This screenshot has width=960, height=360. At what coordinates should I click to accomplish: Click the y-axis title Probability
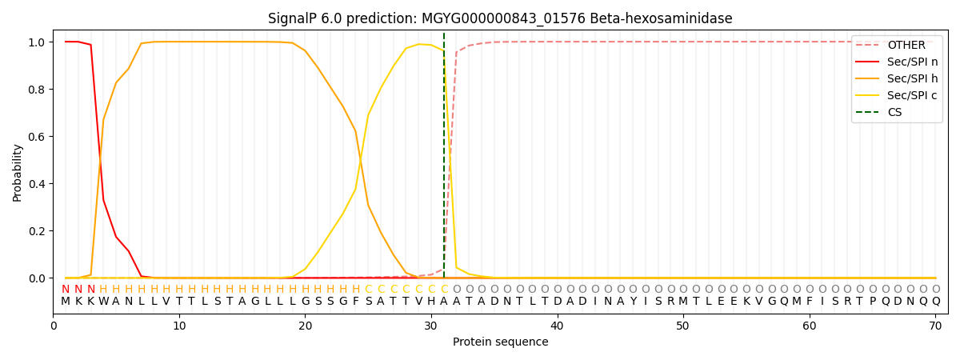click(x=17, y=173)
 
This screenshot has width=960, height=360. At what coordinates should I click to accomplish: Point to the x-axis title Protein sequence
click(x=501, y=342)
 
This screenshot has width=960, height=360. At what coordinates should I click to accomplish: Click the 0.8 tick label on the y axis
click(x=37, y=90)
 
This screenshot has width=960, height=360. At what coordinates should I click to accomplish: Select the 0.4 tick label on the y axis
click(x=37, y=184)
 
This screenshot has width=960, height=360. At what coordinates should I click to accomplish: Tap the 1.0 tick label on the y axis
click(x=37, y=42)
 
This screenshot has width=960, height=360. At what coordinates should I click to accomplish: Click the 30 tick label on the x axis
click(x=431, y=326)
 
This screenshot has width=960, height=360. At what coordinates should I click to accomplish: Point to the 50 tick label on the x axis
click(x=683, y=326)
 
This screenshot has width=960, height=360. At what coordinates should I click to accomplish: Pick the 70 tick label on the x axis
click(x=935, y=326)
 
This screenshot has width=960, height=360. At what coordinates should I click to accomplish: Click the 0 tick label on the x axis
click(x=53, y=326)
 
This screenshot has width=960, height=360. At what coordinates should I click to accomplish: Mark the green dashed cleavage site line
click(x=443, y=155)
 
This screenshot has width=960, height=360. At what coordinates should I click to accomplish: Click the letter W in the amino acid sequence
click(x=103, y=301)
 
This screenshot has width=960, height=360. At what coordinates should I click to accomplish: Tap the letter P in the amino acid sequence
click(x=873, y=301)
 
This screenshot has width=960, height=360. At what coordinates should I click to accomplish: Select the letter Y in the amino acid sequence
click(x=633, y=301)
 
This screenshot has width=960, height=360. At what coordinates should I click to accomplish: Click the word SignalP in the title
click(x=293, y=19)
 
